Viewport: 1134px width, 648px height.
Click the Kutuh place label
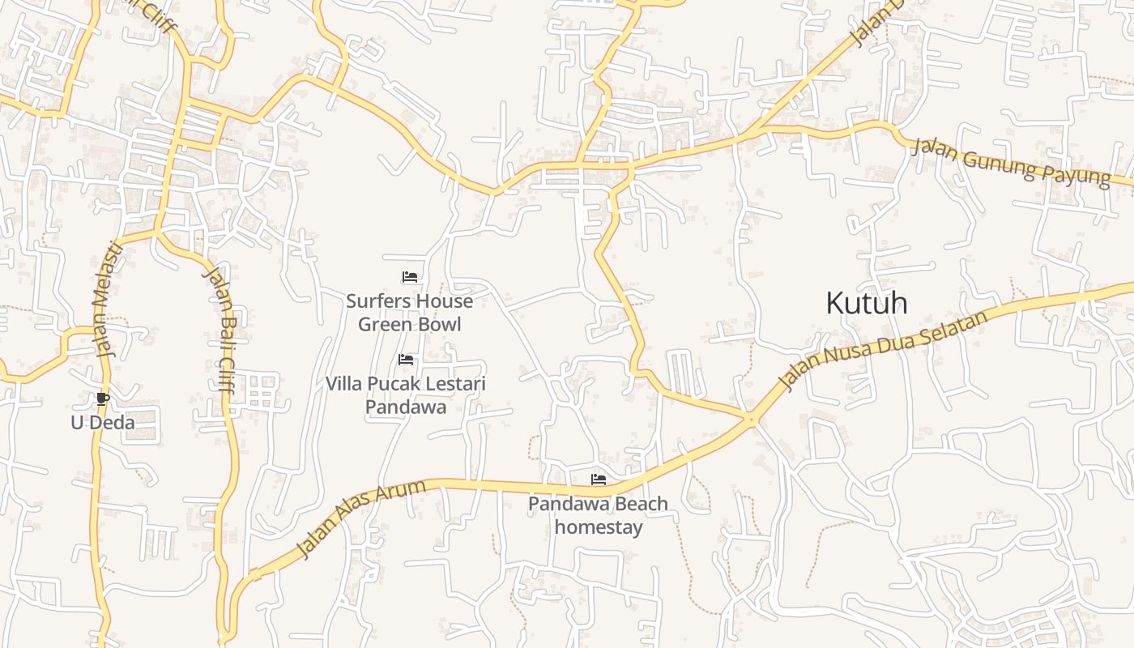[866, 304]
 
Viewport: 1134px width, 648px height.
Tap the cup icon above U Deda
[102, 399]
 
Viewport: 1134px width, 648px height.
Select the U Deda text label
[102, 422]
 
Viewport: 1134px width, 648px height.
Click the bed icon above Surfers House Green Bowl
[410, 277]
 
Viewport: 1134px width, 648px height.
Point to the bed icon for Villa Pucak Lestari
[406, 360]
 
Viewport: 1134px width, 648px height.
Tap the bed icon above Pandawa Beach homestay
[599, 480]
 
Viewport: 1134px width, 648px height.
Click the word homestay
[599, 527]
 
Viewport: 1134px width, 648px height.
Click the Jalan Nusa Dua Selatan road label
[883, 350]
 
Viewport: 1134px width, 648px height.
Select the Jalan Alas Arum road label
[360, 518]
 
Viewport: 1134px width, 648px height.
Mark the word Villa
[343, 383]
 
